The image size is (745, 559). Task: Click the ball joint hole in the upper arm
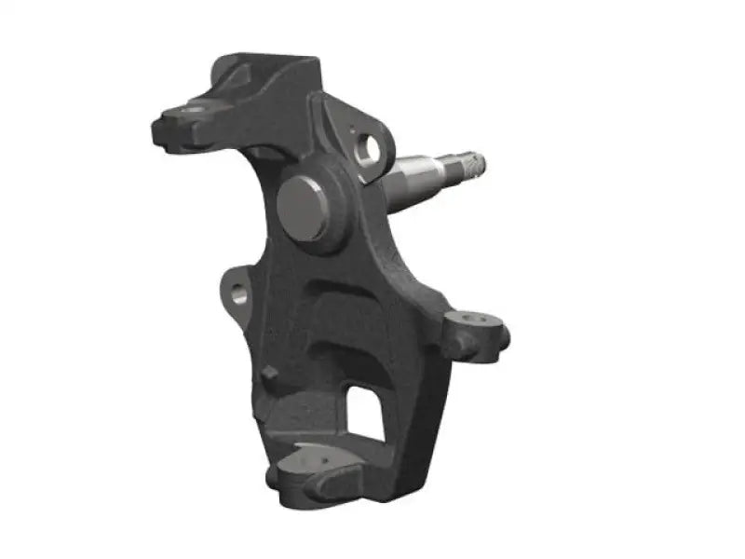click(193, 113)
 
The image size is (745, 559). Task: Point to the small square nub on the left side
click(270, 374)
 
